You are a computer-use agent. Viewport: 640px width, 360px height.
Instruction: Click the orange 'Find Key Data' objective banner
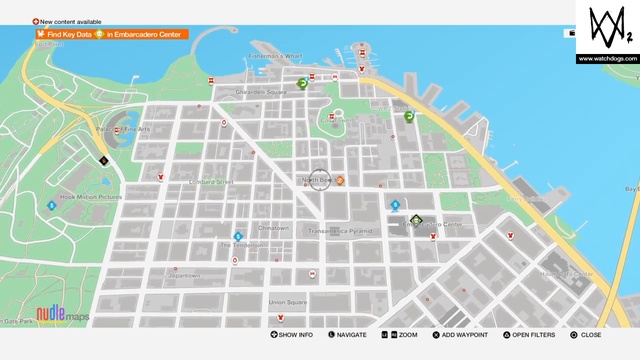tap(110, 34)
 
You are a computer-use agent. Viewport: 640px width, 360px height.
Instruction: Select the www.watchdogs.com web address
tap(607, 58)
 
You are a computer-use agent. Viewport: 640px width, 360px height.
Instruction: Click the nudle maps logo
tap(62, 315)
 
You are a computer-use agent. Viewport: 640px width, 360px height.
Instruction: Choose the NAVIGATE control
tap(346, 335)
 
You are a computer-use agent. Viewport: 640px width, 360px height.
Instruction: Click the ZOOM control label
tap(402, 335)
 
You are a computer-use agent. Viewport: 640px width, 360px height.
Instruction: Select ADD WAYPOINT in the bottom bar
tap(461, 335)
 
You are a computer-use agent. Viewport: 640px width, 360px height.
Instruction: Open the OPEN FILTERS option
tap(528, 335)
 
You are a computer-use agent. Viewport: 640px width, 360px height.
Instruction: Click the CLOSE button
tap(586, 335)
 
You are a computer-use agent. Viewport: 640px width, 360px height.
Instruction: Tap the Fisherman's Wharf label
tap(278, 57)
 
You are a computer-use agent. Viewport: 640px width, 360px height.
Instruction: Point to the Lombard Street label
tap(210, 182)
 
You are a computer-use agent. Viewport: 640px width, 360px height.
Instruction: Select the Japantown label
tap(183, 276)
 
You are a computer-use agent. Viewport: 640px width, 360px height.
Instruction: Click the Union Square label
tap(287, 301)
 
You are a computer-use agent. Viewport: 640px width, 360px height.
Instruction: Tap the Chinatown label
tap(274, 228)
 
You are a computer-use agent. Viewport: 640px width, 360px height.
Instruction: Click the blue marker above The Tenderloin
tap(238, 236)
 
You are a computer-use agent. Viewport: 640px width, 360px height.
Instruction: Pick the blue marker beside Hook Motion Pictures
tap(51, 205)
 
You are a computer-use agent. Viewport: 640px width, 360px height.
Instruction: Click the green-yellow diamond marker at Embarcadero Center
tap(416, 220)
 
